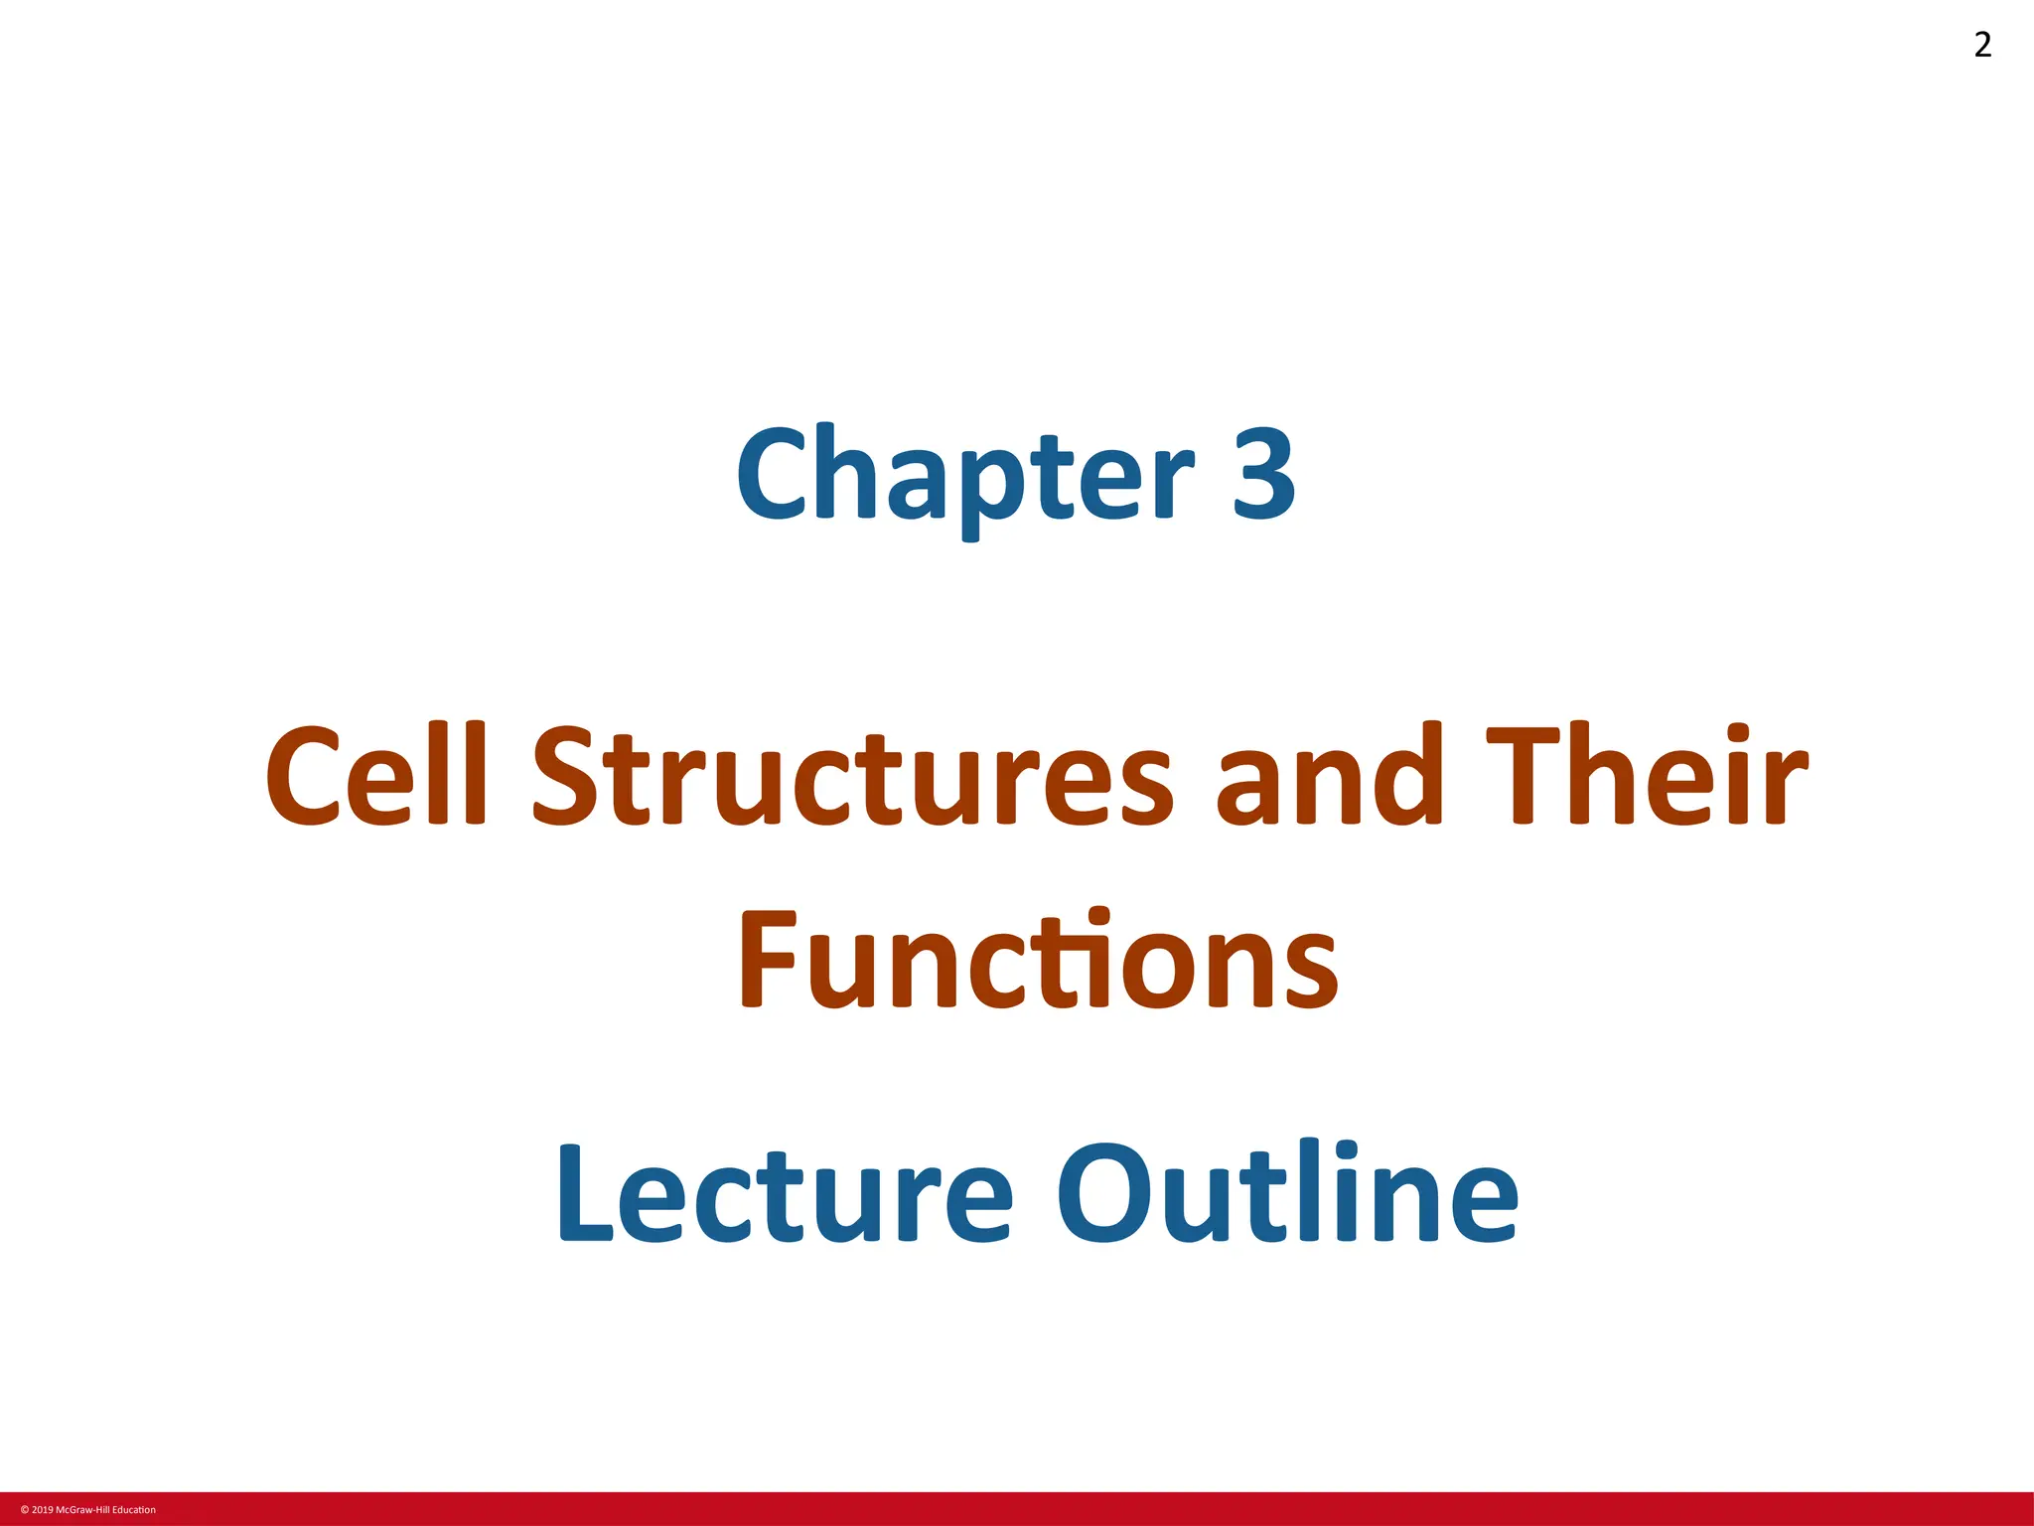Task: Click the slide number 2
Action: pos(1982,45)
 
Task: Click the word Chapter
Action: pos(964,475)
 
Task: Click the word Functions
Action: pos(1038,960)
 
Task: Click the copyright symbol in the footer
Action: pos(24,1510)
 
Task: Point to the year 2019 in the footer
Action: pos(43,1510)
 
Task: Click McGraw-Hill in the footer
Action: pos(82,1510)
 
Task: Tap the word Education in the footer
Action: pos(134,1510)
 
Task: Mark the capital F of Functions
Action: pos(767,960)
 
